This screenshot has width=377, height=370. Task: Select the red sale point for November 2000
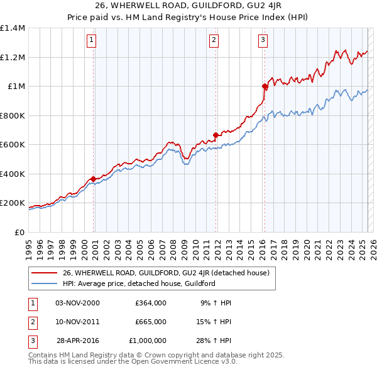point(94,179)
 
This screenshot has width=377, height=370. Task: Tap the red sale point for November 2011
point(216,135)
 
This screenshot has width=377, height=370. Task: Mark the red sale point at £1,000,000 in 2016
point(265,87)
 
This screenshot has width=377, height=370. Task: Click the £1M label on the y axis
point(16,87)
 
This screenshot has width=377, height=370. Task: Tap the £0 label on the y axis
point(19,232)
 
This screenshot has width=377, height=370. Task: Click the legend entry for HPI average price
point(139,283)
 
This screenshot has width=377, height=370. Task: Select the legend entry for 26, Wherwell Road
point(166,273)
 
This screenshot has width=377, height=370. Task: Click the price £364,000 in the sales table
point(150,302)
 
